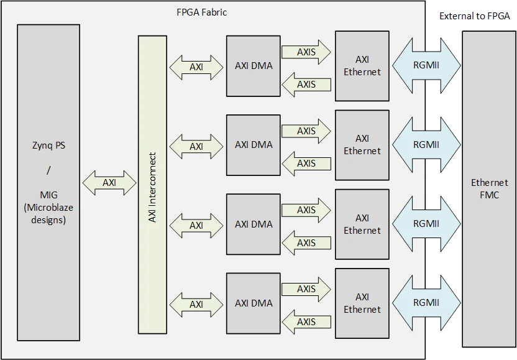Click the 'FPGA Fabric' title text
tap(201, 12)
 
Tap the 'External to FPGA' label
tap(475, 16)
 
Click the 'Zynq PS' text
tap(48, 147)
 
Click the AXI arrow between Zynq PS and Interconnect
tap(109, 183)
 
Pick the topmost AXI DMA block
tap(254, 66)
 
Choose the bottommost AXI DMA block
tap(254, 303)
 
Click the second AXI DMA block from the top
tap(254, 145)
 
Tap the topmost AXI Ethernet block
tap(362, 66)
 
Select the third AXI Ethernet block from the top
tap(362, 224)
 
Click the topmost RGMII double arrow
tap(426, 66)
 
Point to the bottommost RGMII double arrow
tap(426, 303)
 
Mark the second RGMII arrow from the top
tap(426, 145)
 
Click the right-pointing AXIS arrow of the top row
tap(306, 52)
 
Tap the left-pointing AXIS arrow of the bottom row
tap(306, 322)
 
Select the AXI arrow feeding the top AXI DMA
tap(196, 67)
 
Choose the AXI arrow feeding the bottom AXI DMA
tap(196, 304)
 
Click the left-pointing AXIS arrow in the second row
tap(306, 164)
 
